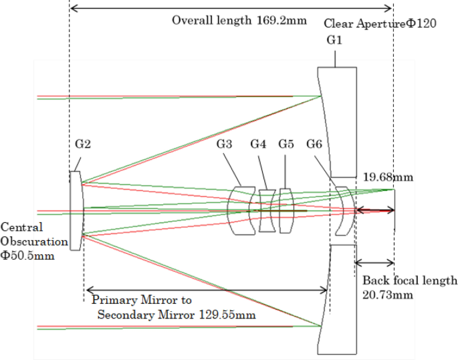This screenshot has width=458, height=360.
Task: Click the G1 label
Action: (x=334, y=41)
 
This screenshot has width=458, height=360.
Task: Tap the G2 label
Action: (x=83, y=144)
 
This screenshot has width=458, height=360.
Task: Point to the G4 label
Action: (x=258, y=144)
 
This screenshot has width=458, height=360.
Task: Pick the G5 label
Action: (x=286, y=144)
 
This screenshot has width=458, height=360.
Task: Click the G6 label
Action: (x=314, y=144)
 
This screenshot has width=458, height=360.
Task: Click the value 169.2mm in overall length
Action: (x=281, y=20)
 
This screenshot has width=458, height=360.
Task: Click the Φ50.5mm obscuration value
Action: (x=27, y=256)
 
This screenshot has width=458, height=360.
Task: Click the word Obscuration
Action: (x=34, y=241)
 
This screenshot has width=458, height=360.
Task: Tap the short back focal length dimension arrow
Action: (x=374, y=263)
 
